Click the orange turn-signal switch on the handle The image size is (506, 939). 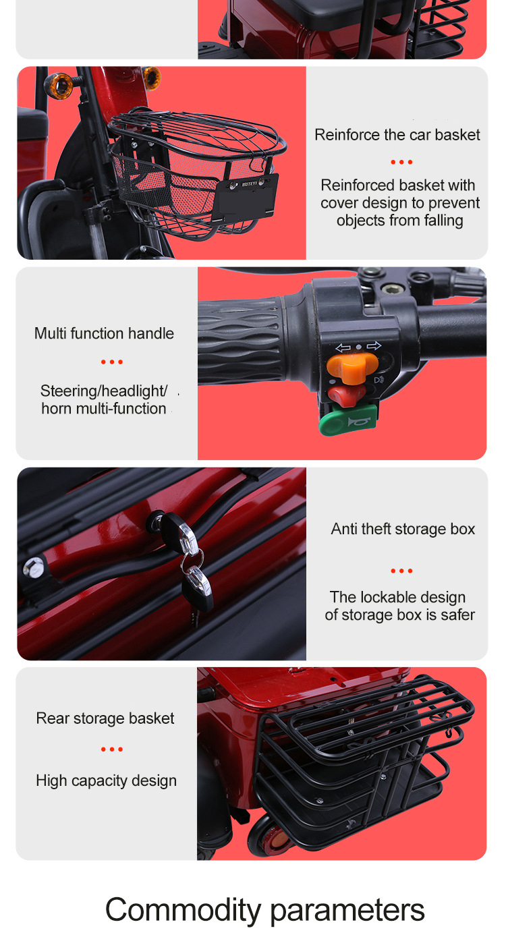(x=352, y=366)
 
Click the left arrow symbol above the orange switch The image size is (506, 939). (x=343, y=347)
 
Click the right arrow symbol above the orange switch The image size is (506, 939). (x=374, y=346)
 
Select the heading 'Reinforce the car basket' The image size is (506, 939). (x=397, y=135)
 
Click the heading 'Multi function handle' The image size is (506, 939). (x=104, y=333)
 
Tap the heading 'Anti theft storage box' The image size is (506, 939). (x=403, y=529)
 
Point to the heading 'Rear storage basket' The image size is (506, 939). (x=105, y=718)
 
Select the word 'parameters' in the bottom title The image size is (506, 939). (x=347, y=911)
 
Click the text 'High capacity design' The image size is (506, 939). (x=106, y=780)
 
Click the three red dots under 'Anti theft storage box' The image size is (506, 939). (x=401, y=571)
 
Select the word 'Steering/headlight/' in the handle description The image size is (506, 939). (x=104, y=391)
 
